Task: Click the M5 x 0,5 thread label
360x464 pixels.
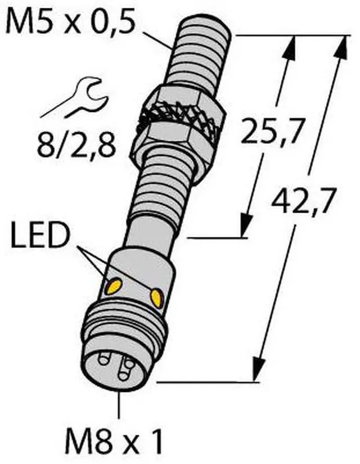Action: (x=70, y=21)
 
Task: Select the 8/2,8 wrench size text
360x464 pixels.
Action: (x=76, y=145)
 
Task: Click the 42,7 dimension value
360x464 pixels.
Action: (x=304, y=200)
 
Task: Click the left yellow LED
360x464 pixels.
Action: (x=114, y=286)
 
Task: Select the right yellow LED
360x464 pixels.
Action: (x=156, y=298)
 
